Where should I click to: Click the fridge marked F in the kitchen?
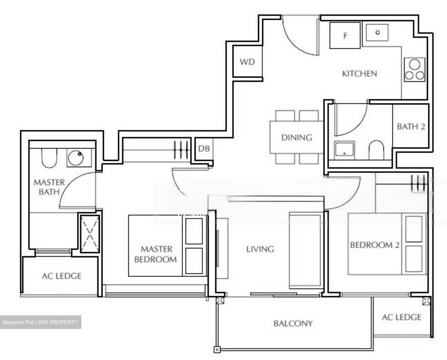345,36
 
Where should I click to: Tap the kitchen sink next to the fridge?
377,33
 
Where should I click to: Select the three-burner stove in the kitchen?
414,70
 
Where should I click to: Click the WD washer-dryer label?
247,62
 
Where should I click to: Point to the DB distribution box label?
204,149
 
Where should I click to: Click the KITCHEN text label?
359,74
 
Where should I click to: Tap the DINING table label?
296,137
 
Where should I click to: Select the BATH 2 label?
411,127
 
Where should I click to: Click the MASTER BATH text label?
49,187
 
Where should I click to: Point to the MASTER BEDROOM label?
156,254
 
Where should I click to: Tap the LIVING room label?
260,249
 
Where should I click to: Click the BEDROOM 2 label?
374,245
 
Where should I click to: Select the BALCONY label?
293,323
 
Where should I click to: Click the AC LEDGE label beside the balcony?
401,317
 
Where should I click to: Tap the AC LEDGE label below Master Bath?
61,276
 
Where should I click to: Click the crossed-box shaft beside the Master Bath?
89,232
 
